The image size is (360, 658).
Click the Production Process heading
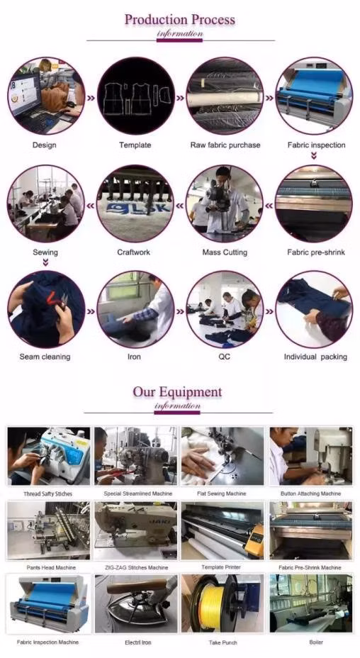point(179,20)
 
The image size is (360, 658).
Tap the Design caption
point(45,145)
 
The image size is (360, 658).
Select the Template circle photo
point(135,96)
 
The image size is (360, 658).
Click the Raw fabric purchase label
point(225,145)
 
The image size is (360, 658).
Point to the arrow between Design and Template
point(91,98)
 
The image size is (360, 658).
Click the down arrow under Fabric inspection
point(314,156)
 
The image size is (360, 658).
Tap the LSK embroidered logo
point(138,208)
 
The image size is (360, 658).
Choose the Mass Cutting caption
point(225,252)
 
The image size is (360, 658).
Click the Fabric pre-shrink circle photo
point(314,203)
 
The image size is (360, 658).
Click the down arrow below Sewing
point(46,262)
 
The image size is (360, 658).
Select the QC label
point(225,357)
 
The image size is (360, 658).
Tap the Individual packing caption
point(315,357)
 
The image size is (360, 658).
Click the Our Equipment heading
point(177,392)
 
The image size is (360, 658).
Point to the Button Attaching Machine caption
point(311,494)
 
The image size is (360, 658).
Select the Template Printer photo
point(223,531)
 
